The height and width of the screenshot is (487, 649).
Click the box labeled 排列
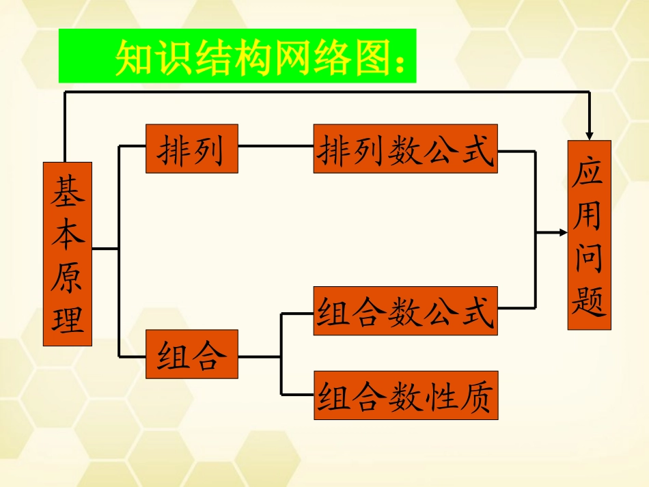191,149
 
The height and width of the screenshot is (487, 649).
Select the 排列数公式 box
405,149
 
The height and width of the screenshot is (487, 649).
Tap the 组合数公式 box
405,311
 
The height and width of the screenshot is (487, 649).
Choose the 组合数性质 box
405,395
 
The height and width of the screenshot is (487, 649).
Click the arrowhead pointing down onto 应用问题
590,134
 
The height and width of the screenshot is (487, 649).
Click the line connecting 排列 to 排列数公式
275,145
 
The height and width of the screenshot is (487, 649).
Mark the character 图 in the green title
369,58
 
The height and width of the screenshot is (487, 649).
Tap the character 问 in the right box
588,258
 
